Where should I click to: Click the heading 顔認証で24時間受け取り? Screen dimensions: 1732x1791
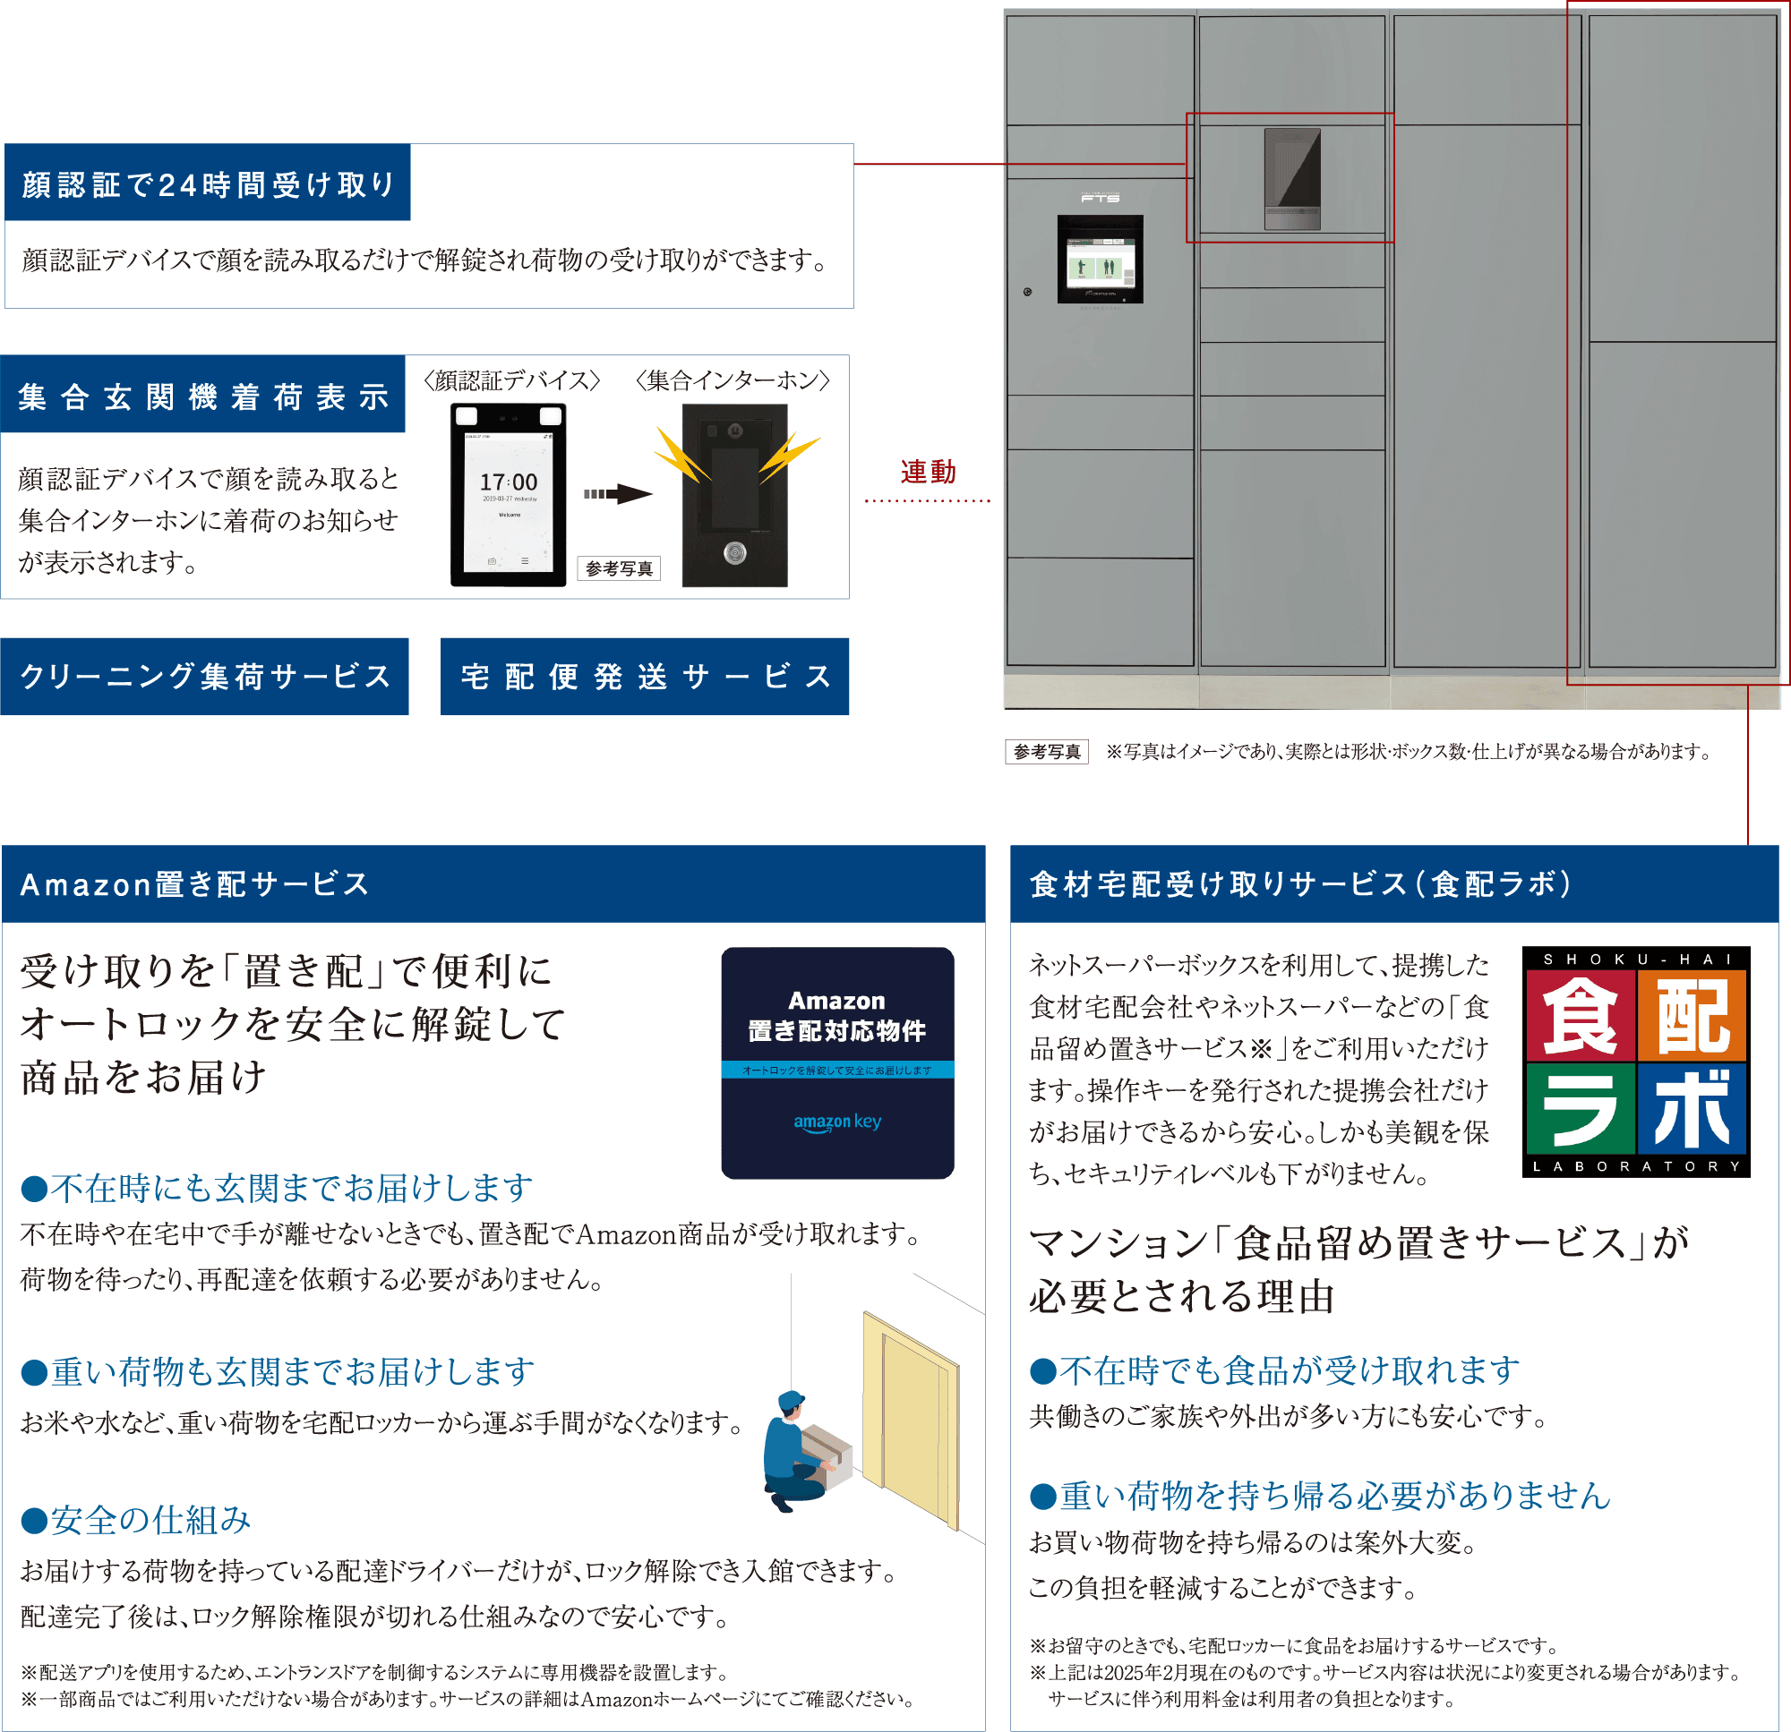208,183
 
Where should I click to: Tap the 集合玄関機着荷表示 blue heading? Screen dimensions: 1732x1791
203,397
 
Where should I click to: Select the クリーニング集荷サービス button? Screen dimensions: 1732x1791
205,676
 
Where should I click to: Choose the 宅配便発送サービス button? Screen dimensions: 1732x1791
644,676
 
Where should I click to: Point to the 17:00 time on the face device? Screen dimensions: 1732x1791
509,482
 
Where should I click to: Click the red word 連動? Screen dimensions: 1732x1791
928,473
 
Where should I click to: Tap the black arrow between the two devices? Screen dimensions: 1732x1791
619,494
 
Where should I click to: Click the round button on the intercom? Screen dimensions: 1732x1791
734,551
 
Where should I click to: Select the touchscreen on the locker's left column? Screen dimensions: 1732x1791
1101,260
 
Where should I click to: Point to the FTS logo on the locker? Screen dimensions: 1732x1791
1101,197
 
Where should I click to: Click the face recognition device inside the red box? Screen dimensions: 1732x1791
1292,178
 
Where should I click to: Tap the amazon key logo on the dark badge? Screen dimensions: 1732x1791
837,1122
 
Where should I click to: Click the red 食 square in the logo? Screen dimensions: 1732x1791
1580,1014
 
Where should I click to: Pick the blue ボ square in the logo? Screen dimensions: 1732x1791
1692,1109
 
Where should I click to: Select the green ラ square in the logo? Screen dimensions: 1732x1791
1580,1109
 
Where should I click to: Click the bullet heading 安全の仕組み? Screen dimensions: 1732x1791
137,1519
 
